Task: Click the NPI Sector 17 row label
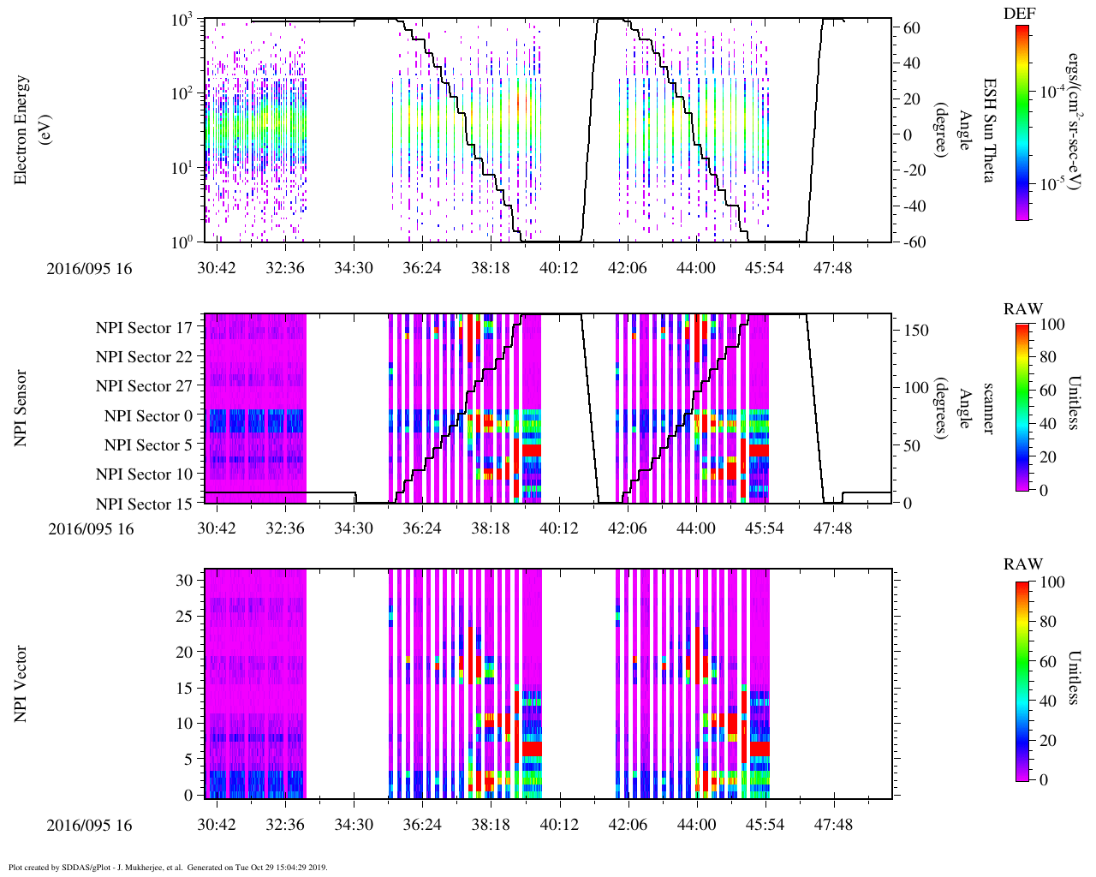(x=144, y=327)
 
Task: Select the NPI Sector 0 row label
(x=148, y=416)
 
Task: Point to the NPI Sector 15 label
(x=144, y=504)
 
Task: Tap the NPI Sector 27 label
(x=144, y=386)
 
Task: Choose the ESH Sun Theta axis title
(x=988, y=130)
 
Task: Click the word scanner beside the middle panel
(x=988, y=409)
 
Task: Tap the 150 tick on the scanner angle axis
(x=917, y=331)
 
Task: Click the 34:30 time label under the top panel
(x=353, y=268)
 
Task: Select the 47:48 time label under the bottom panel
(x=832, y=825)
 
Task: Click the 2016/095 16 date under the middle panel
(x=91, y=529)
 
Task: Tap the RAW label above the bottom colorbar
(x=1023, y=564)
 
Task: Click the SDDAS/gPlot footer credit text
(x=168, y=867)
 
